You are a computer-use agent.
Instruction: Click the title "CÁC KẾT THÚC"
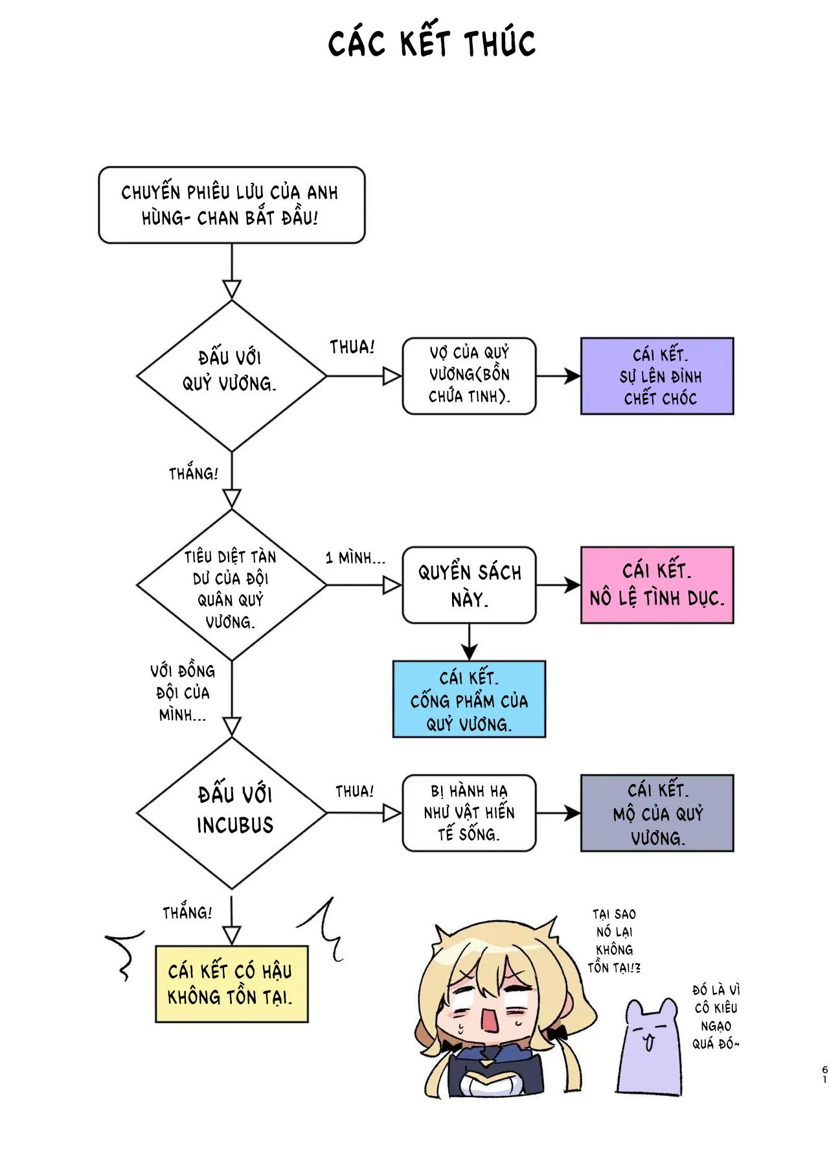click(431, 44)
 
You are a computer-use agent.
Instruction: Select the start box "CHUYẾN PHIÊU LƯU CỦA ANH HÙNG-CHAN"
click(231, 205)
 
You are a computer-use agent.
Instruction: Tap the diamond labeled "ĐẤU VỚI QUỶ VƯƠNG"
click(231, 375)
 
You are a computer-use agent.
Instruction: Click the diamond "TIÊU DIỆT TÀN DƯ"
click(231, 585)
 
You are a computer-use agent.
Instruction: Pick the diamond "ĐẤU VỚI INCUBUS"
click(231, 813)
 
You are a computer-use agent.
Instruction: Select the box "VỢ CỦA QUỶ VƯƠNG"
click(469, 375)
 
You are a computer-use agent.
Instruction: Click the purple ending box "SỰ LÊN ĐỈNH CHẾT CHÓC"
click(657, 376)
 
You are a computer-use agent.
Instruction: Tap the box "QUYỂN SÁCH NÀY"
click(469, 585)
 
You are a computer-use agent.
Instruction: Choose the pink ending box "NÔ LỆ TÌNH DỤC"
click(657, 585)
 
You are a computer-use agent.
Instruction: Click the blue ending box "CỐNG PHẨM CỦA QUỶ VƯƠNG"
click(469, 699)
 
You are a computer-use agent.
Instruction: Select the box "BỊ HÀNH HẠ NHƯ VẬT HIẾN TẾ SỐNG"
click(469, 813)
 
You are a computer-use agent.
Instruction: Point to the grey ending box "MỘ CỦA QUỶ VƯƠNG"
click(657, 813)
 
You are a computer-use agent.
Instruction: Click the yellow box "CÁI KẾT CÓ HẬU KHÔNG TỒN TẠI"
click(231, 984)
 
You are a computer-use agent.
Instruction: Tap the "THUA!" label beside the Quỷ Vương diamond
click(352, 347)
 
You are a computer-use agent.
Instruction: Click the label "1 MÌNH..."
click(355, 558)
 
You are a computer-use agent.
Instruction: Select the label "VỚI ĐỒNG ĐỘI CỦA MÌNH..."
click(183, 693)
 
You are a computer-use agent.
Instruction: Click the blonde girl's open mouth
click(488, 1021)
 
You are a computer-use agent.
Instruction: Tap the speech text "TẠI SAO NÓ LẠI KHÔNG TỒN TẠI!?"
click(614, 941)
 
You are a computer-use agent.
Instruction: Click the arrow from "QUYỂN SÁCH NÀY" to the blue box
click(469, 642)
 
